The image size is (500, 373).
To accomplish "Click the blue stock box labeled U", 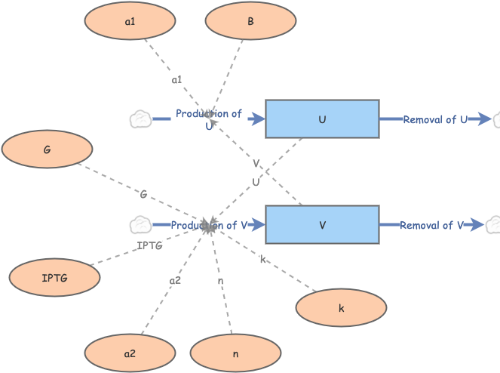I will [322, 119].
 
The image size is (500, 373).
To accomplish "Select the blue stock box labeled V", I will [322, 224].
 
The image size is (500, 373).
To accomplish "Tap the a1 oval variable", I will [130, 22].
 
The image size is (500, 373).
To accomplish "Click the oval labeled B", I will [250, 22].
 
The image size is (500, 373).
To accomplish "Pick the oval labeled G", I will [48, 150].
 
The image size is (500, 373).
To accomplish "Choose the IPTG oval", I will [54, 278].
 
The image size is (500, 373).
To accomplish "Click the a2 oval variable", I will [130, 353].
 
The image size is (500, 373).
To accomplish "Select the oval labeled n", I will [235, 353].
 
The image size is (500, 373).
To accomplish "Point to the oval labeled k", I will [341, 307].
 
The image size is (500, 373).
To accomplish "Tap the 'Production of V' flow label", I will [209, 225].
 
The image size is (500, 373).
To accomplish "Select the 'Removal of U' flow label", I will [435, 119].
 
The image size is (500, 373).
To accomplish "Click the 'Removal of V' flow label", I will [431, 225].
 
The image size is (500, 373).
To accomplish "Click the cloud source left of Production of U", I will [140, 119].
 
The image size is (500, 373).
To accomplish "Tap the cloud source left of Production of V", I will [140, 224].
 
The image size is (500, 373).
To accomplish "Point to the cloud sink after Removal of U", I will [495, 119].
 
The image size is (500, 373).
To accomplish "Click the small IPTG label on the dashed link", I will [149, 245].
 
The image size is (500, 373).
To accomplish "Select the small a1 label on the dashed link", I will [176, 79].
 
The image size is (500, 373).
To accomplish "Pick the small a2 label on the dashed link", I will [175, 280].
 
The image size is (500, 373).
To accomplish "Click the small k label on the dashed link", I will [262, 260].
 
